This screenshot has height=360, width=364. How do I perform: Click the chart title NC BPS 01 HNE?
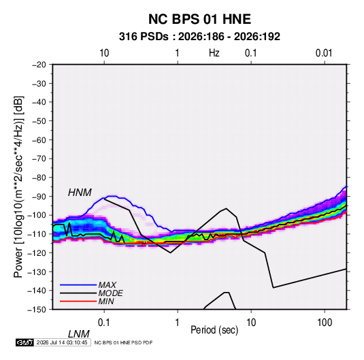coord(199,19)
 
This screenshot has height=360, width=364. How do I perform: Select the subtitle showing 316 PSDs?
coord(199,37)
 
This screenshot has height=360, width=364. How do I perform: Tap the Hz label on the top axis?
coord(214,53)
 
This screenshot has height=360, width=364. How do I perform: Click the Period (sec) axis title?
coord(214,330)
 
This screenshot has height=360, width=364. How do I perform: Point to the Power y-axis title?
coord(18,187)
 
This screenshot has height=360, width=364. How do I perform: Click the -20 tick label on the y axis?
coord(39,65)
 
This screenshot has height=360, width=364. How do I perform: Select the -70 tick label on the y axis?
coord(39,159)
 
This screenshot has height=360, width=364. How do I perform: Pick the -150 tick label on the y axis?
coord(37,310)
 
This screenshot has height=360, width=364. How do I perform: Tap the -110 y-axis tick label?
coord(37,234)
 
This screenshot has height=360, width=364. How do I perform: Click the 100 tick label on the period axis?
coord(325,323)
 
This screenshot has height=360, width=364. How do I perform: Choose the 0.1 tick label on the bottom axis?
coord(103,323)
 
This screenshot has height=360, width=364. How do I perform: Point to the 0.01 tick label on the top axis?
coord(324,53)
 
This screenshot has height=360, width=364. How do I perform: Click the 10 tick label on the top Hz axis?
coord(104,53)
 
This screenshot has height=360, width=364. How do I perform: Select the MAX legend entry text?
coord(107,285)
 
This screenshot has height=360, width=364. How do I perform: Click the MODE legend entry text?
coord(110,293)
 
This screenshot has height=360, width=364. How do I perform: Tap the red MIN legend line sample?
coord(78,301)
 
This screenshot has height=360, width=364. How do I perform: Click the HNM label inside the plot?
coord(80,193)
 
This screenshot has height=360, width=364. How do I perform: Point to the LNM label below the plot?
coord(79,334)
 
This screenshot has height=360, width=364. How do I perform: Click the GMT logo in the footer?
coord(25,342)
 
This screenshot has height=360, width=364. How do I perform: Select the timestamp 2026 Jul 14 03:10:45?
coord(62,342)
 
